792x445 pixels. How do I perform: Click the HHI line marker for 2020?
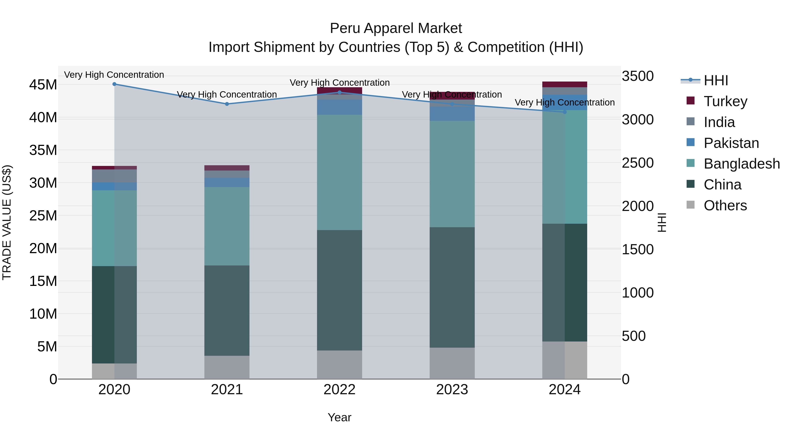114,84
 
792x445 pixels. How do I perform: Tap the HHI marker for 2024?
565,112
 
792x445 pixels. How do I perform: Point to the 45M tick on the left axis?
43,85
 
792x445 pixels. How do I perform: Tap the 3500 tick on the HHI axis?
638,76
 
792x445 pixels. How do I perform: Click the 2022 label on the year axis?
339,390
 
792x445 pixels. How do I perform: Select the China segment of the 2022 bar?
339,290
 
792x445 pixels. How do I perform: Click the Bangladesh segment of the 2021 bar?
227,226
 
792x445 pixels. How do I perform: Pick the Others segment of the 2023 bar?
452,363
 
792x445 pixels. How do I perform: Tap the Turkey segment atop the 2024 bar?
565,84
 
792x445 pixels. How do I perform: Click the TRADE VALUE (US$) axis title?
7,222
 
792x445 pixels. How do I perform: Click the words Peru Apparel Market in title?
396,29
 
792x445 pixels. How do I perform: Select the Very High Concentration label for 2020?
114,75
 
